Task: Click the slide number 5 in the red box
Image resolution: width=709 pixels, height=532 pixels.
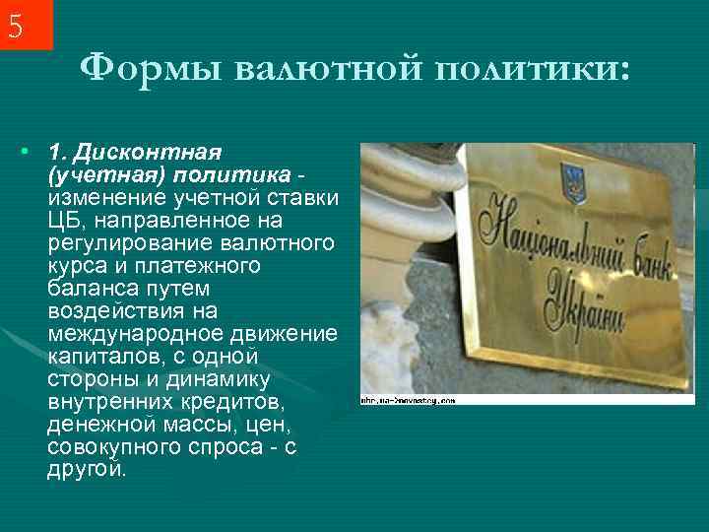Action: pyautogui.click(x=16, y=26)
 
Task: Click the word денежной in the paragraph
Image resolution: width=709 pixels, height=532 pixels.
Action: pyautogui.click(x=92, y=424)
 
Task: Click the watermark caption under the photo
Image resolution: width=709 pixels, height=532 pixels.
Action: pyautogui.click(x=409, y=401)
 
